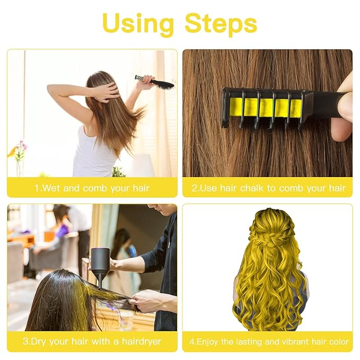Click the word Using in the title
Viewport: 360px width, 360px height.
coord(138,23)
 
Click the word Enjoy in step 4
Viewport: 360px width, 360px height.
coord(209,341)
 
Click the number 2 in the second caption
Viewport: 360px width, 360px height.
coord(195,188)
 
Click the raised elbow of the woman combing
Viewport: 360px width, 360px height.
coord(50,89)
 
